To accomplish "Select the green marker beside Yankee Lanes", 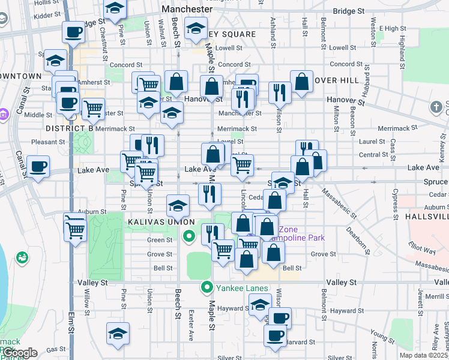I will point(208,287).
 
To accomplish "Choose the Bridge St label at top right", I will point(349,11).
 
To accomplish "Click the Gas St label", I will point(56,349).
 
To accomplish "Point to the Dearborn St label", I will point(358,233).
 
